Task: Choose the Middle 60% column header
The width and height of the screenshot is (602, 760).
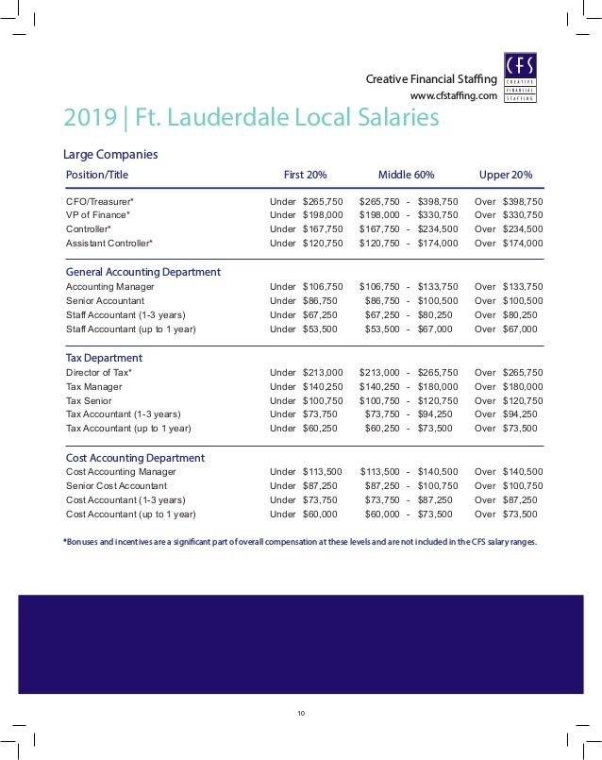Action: coord(406,175)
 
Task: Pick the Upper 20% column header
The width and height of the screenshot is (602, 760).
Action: coord(506,175)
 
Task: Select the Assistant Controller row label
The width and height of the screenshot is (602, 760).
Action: coord(109,243)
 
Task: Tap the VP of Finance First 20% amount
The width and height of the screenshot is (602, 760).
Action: coord(322,215)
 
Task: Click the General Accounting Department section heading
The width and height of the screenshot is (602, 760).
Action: coord(142,272)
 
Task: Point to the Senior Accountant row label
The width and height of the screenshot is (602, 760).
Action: coord(105,299)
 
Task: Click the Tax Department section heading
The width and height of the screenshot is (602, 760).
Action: coord(104,358)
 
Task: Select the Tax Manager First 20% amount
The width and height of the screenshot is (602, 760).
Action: coord(322,386)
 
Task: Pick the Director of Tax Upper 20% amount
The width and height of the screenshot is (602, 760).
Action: coord(522,372)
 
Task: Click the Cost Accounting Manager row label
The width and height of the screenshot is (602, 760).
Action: coord(121,471)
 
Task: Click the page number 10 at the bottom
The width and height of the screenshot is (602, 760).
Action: coord(301,712)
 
